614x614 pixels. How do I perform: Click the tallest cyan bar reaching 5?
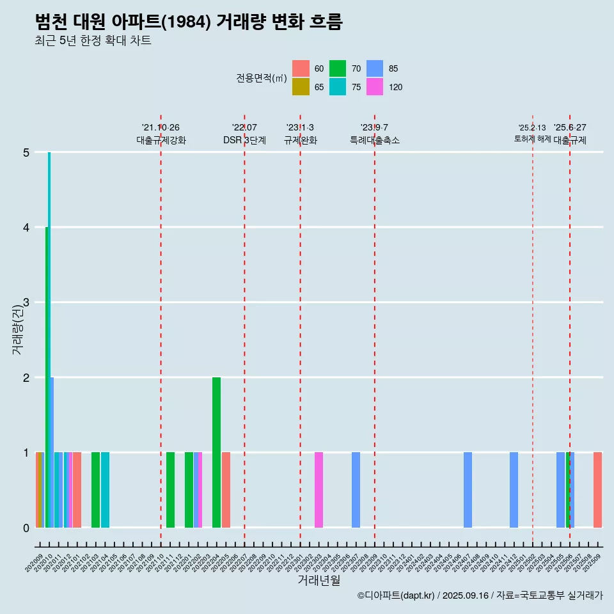point(49,339)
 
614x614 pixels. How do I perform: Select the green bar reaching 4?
point(47,377)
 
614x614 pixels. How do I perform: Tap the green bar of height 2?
point(216,452)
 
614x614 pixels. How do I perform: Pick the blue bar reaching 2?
point(52,452)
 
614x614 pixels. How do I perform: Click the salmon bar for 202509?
point(597,490)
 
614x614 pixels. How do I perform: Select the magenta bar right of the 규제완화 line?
point(319,490)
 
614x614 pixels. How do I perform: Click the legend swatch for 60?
point(301,68)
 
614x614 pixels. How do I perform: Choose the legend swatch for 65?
point(301,87)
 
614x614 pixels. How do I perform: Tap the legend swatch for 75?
point(338,87)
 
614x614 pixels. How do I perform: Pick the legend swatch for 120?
point(375,87)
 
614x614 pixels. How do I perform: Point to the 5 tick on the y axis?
point(26,152)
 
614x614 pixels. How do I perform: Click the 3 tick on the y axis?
point(26,303)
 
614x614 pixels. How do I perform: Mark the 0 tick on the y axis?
point(26,528)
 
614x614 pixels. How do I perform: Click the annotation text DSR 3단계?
point(244,140)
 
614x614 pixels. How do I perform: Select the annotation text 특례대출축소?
point(375,140)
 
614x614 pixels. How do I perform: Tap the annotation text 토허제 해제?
point(532,139)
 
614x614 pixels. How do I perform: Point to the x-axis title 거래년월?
point(319,580)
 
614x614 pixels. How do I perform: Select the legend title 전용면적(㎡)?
point(261,78)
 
